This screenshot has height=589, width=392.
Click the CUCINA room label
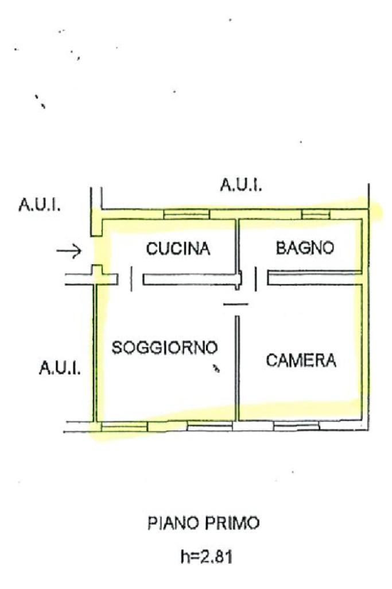pos(178,249)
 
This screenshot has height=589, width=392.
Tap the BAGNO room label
pos(305,248)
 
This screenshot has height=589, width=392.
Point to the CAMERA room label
pos(301,360)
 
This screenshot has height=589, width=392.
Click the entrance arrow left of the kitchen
pos(69,251)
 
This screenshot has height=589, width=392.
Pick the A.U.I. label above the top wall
pos(241,185)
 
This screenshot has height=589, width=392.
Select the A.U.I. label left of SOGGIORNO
pos(60,368)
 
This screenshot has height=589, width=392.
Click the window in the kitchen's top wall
pos(186,214)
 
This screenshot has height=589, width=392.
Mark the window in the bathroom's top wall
pos(316,214)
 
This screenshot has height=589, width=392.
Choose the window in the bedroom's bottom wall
pos(296,426)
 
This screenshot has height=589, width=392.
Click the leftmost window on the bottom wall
pos(125,426)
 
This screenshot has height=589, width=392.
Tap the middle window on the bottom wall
pos(209,426)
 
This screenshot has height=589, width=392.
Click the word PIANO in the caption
pos(172,523)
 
